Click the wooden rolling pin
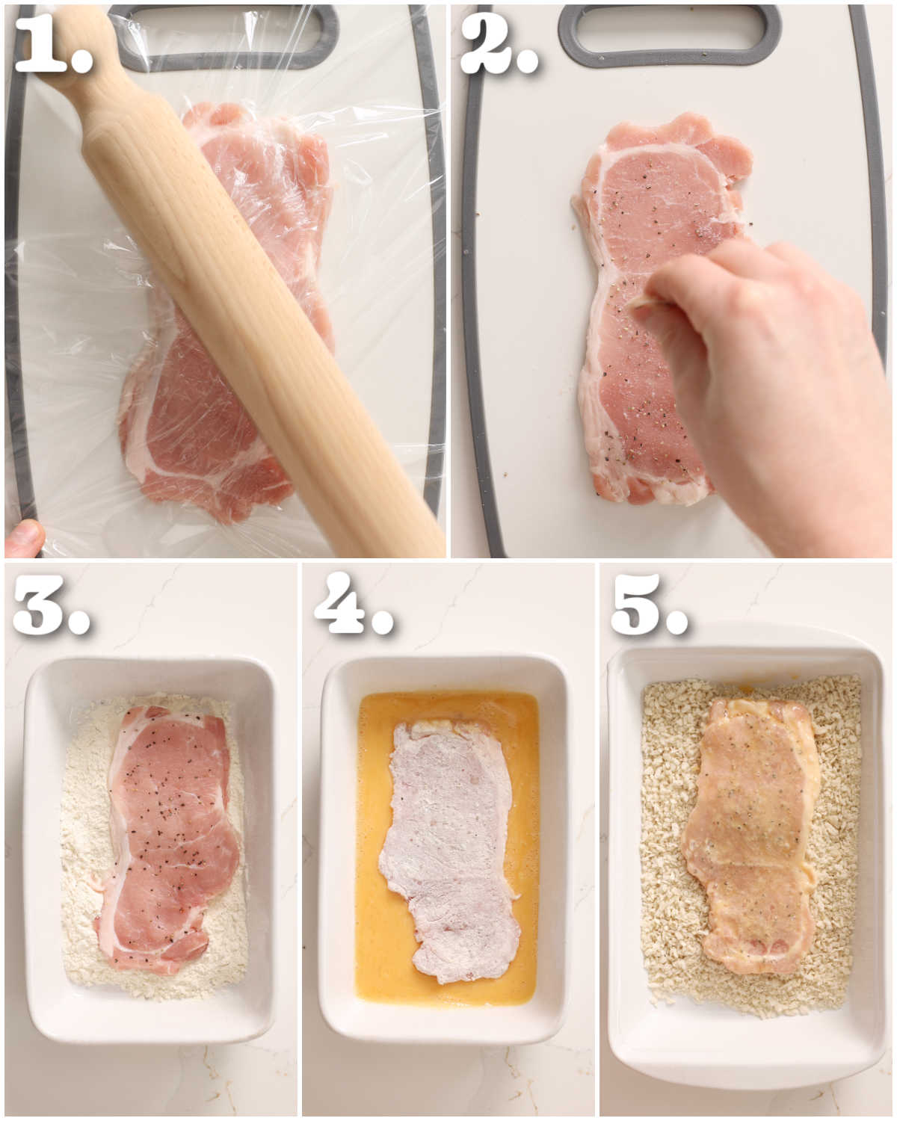[x=247, y=299]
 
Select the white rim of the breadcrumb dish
[x=747, y=1054]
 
